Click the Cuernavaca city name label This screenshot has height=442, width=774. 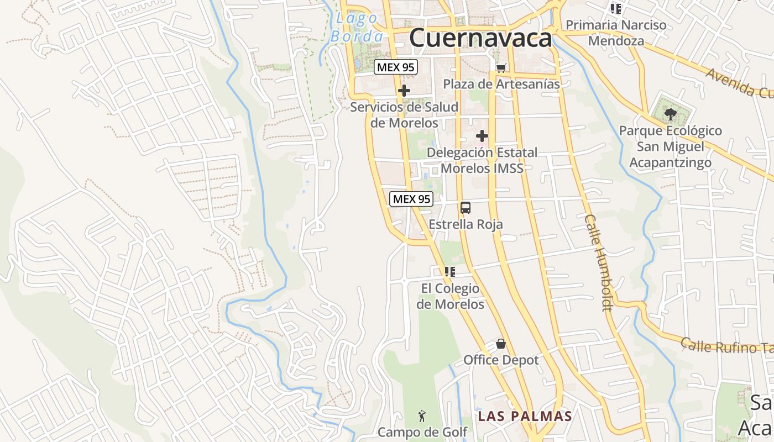(x=480, y=38)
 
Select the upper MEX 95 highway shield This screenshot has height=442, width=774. (x=395, y=67)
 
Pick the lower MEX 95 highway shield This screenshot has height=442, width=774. (x=411, y=199)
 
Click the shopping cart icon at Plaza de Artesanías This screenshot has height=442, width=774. (x=501, y=68)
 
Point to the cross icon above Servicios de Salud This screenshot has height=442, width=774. (x=404, y=91)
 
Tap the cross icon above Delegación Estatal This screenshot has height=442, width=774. (x=482, y=135)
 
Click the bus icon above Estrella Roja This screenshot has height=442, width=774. (x=466, y=208)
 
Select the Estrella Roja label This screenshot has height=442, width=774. (x=466, y=224)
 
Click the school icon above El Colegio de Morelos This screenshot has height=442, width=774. (x=449, y=271)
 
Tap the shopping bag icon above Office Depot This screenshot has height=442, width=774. (x=501, y=344)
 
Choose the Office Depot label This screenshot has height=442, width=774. (x=501, y=360)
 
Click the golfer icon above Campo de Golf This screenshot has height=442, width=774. (x=422, y=415)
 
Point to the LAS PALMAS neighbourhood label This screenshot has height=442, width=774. (x=525, y=416)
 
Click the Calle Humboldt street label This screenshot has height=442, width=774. (x=599, y=262)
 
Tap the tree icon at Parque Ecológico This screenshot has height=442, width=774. (x=670, y=114)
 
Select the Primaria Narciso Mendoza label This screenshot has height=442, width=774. (x=616, y=33)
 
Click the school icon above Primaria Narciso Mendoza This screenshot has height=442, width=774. (x=615, y=8)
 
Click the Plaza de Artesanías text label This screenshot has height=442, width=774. (x=501, y=84)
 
